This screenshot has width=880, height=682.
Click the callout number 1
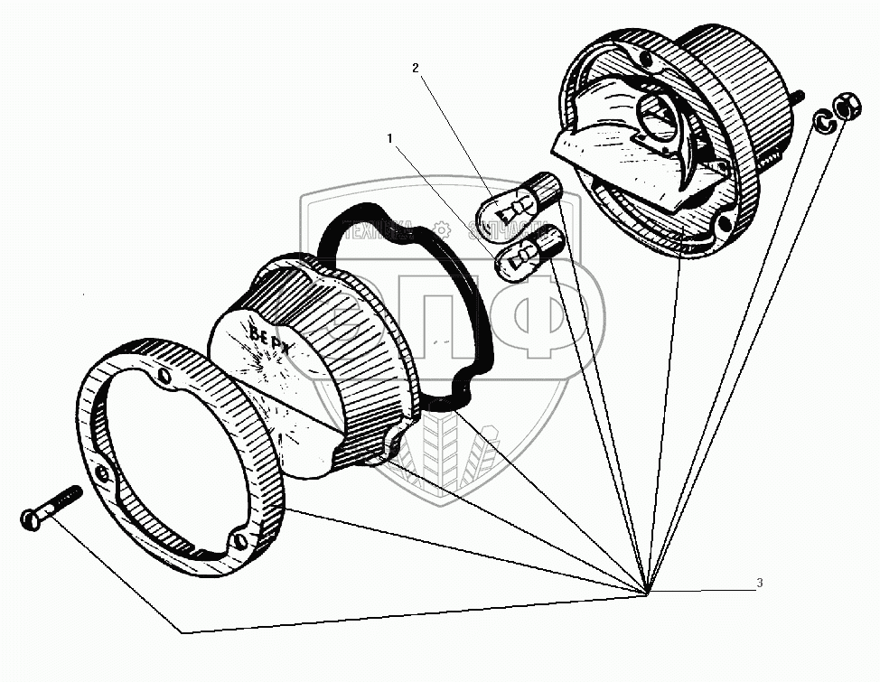(389, 139)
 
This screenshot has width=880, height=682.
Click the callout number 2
(415, 68)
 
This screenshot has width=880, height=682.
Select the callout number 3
(759, 584)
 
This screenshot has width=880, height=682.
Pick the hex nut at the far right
(848, 107)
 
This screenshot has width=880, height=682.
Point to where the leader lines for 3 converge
(647, 593)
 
